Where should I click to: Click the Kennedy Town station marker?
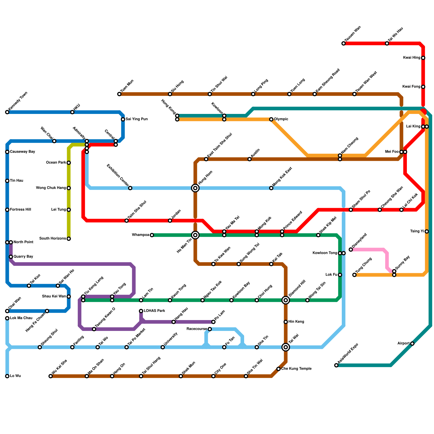tap(7, 112)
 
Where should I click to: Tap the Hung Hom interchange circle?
tap(195, 188)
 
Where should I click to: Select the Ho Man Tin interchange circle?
tap(195, 235)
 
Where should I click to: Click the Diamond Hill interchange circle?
tap(286, 300)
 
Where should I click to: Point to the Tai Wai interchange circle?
tap(286, 347)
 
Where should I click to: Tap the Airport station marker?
tap(412, 344)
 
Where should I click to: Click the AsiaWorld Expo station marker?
tap(336, 365)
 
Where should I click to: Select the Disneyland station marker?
tap(351, 250)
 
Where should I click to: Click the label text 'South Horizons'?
tap(53, 239)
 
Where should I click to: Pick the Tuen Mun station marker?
tap(119, 94)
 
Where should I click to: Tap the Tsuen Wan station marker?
tap(344, 43)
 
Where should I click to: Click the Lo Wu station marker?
tap(7, 376)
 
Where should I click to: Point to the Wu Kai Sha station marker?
tap(50, 376)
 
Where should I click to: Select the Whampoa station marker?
tap(152, 235)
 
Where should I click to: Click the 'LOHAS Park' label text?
tap(154, 311)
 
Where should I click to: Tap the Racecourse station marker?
tap(210, 329)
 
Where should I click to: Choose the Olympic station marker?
tap(271, 119)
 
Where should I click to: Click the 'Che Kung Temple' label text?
tap(296, 369)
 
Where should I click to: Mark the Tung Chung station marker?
tap(355, 275)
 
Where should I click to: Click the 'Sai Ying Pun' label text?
tap(136, 119)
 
